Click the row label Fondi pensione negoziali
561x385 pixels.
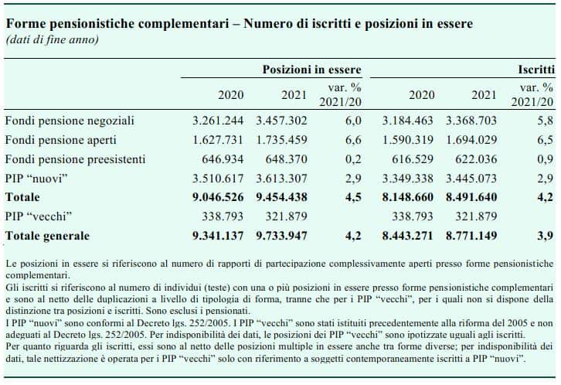click(x=70, y=121)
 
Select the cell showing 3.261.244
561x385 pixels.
click(x=218, y=121)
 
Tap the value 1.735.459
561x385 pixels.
click(x=281, y=140)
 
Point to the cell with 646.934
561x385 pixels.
click(x=223, y=159)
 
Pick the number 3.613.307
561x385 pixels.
click(x=281, y=179)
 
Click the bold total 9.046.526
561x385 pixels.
click(x=218, y=197)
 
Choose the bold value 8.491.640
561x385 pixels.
click(x=471, y=197)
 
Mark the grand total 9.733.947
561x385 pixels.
click(x=281, y=236)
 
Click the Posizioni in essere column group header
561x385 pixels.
click(x=311, y=70)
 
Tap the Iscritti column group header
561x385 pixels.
click(x=536, y=70)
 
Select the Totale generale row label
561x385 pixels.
click(x=47, y=236)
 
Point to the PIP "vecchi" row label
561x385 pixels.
click(x=39, y=216)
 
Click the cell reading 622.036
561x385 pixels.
click(x=476, y=159)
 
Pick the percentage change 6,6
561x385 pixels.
click(x=353, y=140)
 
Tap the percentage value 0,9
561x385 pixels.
click(x=546, y=159)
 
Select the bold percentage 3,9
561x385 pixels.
click(x=546, y=236)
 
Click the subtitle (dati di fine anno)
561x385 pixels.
click(x=53, y=39)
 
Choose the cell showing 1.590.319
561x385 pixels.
click(x=408, y=140)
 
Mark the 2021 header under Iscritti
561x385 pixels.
click(x=484, y=95)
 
